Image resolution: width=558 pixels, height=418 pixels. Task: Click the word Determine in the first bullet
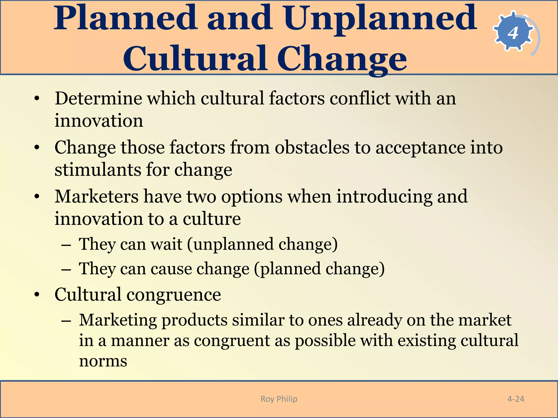98,99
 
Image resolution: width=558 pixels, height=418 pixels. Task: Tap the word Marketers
96,196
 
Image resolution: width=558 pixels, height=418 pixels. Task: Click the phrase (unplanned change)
262,244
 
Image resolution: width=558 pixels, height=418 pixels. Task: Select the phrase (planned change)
319,269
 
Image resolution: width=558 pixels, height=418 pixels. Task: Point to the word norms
103,361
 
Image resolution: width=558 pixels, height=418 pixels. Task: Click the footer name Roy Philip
279,399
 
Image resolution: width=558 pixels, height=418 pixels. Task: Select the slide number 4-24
515,399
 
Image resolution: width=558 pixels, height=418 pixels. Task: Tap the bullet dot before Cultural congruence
37,295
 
